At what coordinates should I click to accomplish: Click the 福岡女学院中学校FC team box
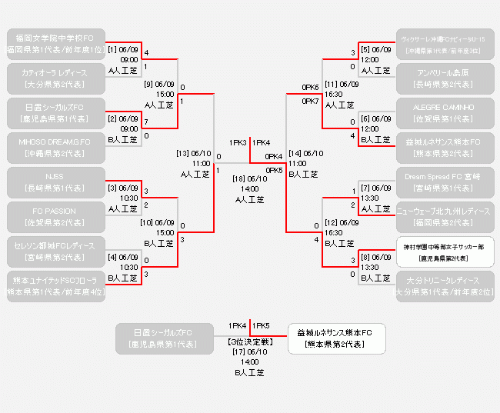click(x=56, y=43)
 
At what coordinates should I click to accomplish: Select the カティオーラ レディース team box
click(x=56, y=78)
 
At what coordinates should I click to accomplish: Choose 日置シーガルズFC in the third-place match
click(x=163, y=338)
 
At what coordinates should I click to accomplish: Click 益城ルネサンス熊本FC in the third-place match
click(x=335, y=338)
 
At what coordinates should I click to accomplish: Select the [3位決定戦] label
click(x=249, y=339)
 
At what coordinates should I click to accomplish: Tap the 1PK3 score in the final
click(x=238, y=142)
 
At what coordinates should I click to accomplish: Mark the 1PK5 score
click(x=260, y=325)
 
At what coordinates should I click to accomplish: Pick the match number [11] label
click(x=332, y=84)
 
